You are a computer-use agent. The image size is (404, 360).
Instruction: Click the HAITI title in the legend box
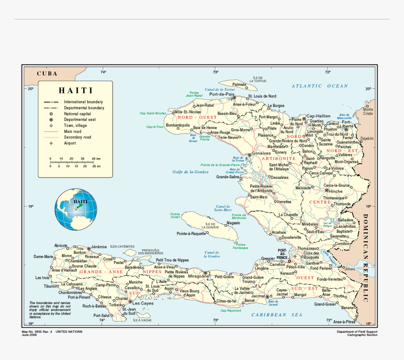(x=76, y=91)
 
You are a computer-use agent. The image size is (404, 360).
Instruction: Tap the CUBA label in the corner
(x=47, y=73)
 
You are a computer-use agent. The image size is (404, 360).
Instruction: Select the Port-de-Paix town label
(x=222, y=94)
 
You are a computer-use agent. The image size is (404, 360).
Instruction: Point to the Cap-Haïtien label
(x=319, y=116)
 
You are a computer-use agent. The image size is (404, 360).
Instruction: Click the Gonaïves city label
(x=262, y=153)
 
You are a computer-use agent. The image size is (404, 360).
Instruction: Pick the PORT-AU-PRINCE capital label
(x=282, y=254)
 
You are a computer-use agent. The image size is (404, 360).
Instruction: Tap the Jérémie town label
(x=99, y=246)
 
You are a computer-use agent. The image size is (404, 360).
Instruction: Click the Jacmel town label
(x=258, y=297)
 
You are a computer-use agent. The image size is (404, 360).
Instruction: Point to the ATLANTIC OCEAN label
(x=319, y=86)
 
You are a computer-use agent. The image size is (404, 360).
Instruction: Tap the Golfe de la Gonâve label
(x=190, y=172)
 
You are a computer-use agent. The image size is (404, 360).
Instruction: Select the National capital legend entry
(x=78, y=114)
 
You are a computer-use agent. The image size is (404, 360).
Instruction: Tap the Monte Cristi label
(x=368, y=112)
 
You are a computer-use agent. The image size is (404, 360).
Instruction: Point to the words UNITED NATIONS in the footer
(x=69, y=331)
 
